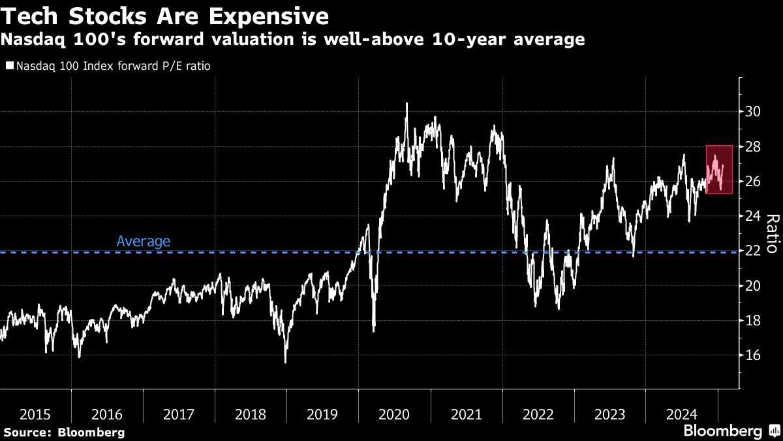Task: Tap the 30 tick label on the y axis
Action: pyautogui.click(x=753, y=112)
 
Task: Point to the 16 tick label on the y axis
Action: pyautogui.click(x=753, y=355)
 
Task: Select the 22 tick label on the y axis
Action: pyautogui.click(x=753, y=251)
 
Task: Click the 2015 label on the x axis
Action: pyautogui.click(x=36, y=414)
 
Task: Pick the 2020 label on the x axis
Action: pyautogui.click(x=394, y=414)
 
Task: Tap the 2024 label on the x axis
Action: pyautogui.click(x=681, y=414)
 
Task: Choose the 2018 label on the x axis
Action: pyautogui.click(x=251, y=414)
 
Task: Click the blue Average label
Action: pyautogui.click(x=144, y=241)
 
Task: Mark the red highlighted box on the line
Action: pyautogui.click(x=719, y=169)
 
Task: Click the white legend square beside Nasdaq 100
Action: pyautogui.click(x=9, y=66)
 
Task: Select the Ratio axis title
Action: pyautogui.click(x=771, y=233)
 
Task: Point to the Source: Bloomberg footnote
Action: pyautogui.click(x=63, y=432)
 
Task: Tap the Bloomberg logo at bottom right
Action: pyautogui.click(x=731, y=431)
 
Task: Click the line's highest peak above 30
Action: pyautogui.click(x=407, y=103)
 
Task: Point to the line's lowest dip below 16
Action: pyautogui.click(x=285, y=361)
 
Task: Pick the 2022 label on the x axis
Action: pyautogui.click(x=538, y=414)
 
